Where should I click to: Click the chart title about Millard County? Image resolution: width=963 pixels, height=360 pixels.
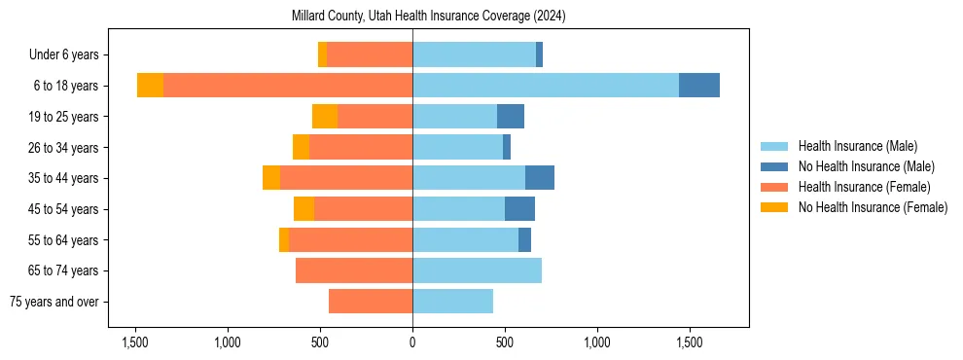pyautogui.click(x=428, y=17)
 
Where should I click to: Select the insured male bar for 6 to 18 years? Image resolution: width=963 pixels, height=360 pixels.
pyautogui.click(x=545, y=86)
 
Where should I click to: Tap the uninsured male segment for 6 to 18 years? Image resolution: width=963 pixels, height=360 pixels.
pyautogui.click(x=698, y=86)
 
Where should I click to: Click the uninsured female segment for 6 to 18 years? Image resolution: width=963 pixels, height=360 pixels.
pyautogui.click(x=150, y=86)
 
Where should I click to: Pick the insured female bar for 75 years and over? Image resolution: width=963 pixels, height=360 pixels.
pyautogui.click(x=371, y=302)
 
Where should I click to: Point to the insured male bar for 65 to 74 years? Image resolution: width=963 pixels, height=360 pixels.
pyautogui.click(x=477, y=270)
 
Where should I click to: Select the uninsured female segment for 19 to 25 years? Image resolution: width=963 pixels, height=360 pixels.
pyautogui.click(x=325, y=117)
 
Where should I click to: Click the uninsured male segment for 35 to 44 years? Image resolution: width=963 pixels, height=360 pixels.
pyautogui.click(x=540, y=178)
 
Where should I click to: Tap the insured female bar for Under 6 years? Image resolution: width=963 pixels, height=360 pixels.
pyautogui.click(x=370, y=54)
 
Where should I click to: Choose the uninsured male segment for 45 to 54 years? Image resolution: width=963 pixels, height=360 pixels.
pyautogui.click(x=519, y=209)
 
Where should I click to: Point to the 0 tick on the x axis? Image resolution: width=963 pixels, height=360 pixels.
pyautogui.click(x=412, y=342)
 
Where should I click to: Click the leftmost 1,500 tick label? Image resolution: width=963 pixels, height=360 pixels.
pyautogui.click(x=135, y=342)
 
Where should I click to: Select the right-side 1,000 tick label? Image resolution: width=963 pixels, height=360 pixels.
pyautogui.click(x=596, y=342)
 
